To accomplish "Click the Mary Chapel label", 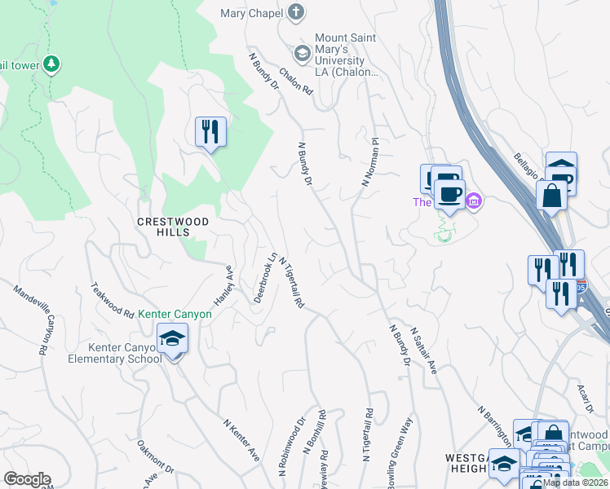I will coord(251,13).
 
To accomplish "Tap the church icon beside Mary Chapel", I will coord(296,13).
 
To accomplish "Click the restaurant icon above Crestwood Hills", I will coord(210,131).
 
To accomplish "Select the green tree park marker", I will coord(51,64).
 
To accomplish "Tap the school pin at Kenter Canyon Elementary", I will coord(173,338).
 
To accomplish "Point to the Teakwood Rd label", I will coord(112,300).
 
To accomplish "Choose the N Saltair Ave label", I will coord(424,350).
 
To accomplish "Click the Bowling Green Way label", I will coord(397,455).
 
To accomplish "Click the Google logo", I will coord(27,479).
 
